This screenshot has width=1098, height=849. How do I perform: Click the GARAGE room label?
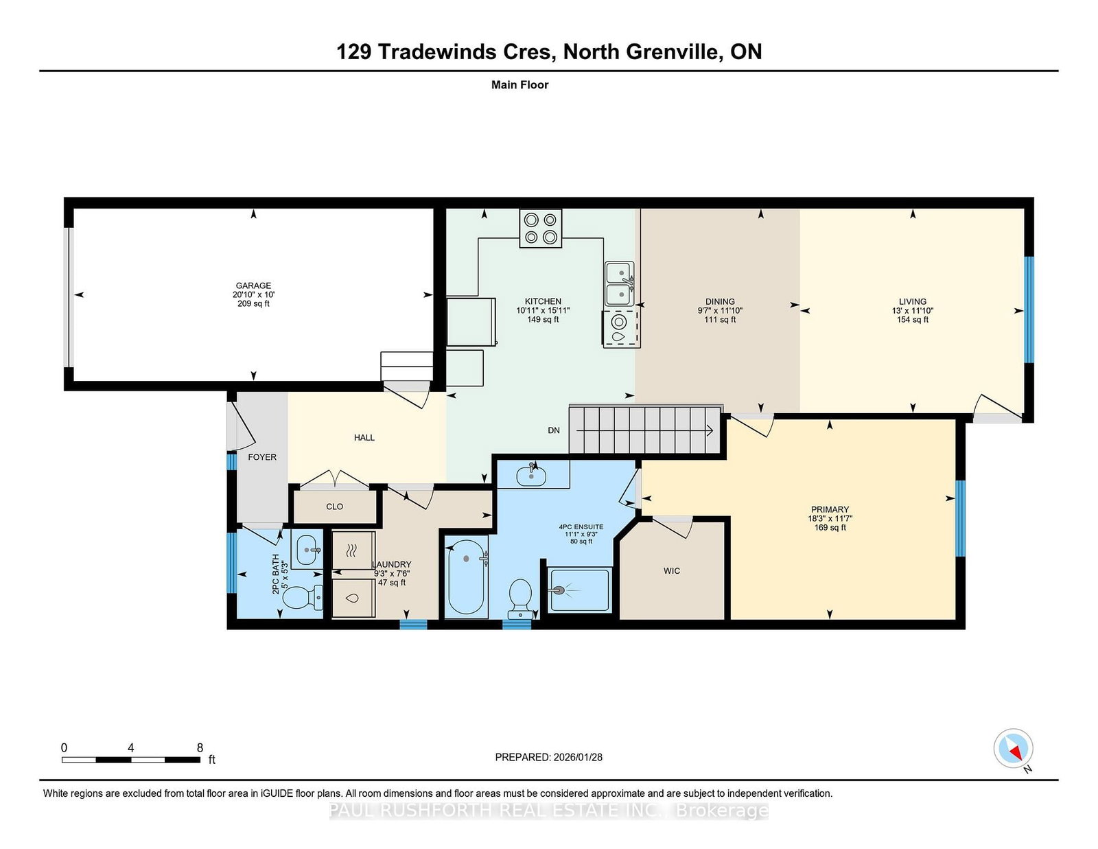point(253,286)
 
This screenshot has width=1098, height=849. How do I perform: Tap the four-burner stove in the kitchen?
point(540,228)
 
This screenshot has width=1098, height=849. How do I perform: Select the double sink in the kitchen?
point(620,283)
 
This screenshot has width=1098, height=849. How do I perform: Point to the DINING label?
point(720,302)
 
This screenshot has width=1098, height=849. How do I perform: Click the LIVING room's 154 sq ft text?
point(912,319)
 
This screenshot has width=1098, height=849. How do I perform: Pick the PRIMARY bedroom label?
point(830,509)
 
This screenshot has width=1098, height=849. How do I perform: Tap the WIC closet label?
point(672,571)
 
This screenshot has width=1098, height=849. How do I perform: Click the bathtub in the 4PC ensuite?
point(467,577)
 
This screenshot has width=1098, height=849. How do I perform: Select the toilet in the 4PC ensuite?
point(520,598)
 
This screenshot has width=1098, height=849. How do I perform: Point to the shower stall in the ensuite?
point(580,590)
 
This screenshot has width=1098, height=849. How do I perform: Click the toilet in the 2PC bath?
point(302,597)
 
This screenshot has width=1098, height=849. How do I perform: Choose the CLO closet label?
point(334,507)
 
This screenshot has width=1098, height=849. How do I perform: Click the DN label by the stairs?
point(554,430)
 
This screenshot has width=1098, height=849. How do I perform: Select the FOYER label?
point(262,457)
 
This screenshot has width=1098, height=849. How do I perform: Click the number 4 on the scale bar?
point(131,748)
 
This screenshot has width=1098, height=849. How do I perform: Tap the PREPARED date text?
point(549,757)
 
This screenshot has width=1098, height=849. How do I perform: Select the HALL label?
point(364,438)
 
